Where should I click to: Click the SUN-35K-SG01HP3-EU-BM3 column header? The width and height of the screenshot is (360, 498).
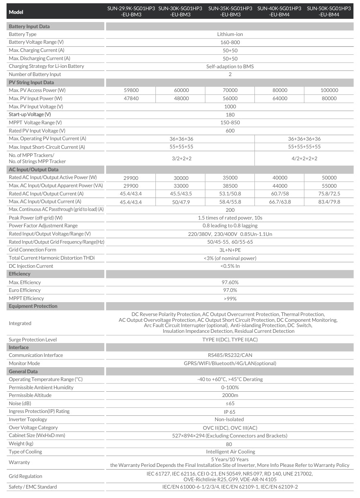click(230, 11)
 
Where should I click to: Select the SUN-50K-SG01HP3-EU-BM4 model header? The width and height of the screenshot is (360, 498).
click(329, 11)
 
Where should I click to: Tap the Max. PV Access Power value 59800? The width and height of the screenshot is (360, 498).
click(130, 90)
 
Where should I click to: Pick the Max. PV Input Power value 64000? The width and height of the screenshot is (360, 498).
click(279, 99)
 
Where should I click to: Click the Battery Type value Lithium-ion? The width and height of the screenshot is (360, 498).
click(230, 34)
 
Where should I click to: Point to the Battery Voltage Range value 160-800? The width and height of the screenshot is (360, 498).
click(230, 43)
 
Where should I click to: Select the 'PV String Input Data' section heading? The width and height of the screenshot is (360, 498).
click(31, 83)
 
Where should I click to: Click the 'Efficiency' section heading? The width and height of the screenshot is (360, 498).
click(20, 274)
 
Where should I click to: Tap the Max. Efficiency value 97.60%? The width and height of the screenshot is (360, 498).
click(230, 283)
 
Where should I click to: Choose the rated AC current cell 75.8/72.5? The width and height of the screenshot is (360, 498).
click(329, 194)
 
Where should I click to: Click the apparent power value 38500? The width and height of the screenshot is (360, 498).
click(230, 186)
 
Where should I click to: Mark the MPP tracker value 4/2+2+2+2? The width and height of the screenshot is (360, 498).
click(304, 158)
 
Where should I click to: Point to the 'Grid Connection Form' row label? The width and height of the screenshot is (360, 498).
click(33, 250)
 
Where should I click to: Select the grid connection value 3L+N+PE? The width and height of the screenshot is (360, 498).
click(230, 250)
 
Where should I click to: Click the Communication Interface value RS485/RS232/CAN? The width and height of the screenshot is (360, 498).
click(230, 355)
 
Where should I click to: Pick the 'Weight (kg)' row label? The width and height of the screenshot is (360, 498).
click(21, 444)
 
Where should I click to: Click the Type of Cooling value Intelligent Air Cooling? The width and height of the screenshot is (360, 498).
click(230, 452)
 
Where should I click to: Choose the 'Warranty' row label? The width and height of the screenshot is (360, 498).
click(19, 462)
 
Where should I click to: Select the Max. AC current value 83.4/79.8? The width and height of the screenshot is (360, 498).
click(329, 202)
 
